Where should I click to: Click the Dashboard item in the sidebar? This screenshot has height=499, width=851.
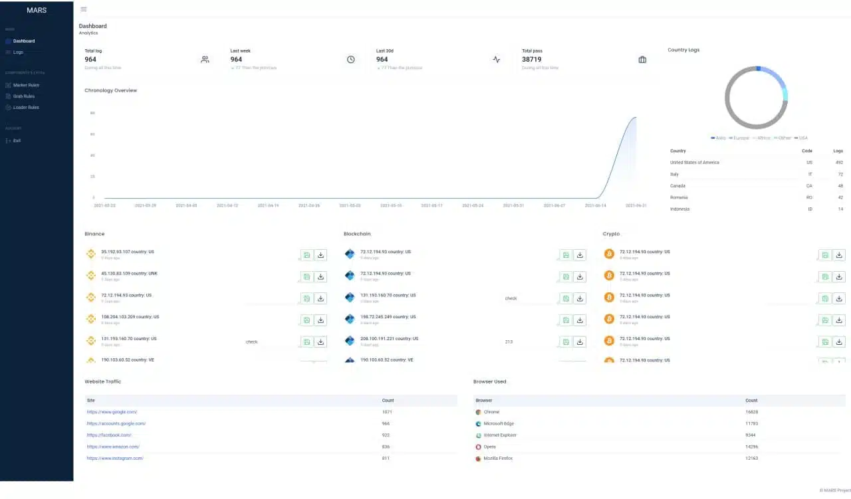click(24, 41)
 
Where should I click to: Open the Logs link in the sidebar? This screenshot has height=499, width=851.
click(18, 52)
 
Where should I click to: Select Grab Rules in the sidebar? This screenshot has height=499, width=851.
click(24, 96)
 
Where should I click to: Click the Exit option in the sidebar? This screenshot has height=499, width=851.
click(17, 141)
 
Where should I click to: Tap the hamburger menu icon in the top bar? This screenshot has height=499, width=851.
click(83, 9)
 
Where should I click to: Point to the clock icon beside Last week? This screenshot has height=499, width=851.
click(350, 59)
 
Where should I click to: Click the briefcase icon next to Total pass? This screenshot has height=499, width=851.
click(642, 59)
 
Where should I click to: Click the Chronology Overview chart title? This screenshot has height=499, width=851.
click(110, 90)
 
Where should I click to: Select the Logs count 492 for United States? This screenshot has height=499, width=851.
click(838, 162)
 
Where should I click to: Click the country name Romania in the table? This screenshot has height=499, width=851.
click(679, 197)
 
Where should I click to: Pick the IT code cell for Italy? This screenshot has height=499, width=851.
click(809, 174)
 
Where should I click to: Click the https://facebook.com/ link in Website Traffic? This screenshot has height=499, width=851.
click(109, 435)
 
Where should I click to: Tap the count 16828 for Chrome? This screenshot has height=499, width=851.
click(751, 412)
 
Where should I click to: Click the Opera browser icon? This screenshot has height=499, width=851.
click(478, 447)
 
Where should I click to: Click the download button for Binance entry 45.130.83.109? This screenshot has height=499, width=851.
click(320, 276)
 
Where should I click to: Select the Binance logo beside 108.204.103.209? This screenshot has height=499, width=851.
click(91, 319)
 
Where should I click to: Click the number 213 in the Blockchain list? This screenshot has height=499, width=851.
click(509, 342)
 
